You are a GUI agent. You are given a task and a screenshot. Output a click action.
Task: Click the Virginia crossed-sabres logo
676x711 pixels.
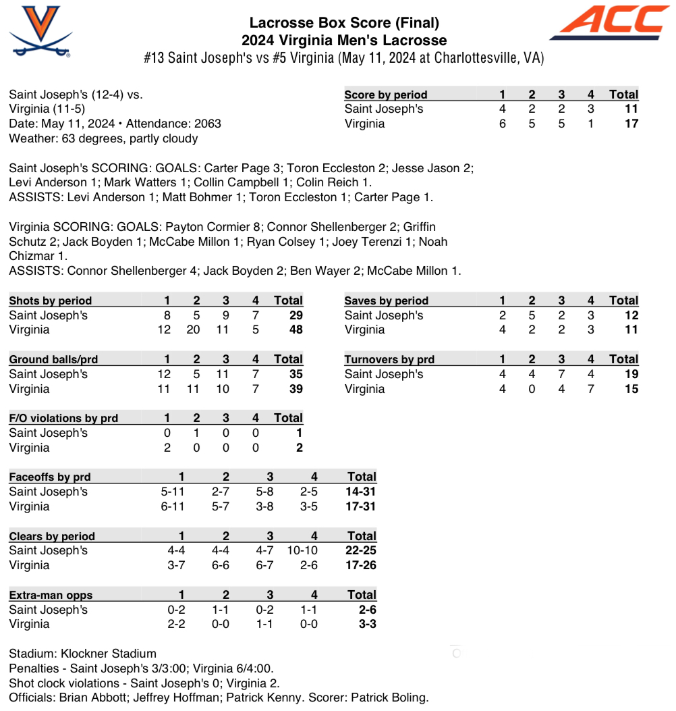pos(40,31)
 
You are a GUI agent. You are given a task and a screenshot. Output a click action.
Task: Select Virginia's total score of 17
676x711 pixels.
pos(631,124)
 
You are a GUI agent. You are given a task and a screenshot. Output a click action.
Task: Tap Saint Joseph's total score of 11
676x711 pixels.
pos(631,109)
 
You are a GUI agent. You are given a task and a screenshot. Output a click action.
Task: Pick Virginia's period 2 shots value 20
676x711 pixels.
pos(196,330)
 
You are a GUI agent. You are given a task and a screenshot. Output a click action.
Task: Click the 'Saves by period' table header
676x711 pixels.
pos(386,300)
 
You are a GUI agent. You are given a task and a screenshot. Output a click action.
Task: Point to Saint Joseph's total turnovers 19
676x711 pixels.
pos(631,374)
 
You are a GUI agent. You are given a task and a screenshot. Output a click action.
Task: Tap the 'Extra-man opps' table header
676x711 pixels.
pos(51,595)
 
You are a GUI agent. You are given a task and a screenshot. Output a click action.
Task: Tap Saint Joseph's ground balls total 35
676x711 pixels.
pos(295,374)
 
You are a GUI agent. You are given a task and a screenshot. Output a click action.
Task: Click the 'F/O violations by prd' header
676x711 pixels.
pos(63,418)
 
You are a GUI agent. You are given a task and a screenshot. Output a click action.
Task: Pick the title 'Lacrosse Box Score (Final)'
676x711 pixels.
pos(344,24)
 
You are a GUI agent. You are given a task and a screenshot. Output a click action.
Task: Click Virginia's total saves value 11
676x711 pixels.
pos(631,330)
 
